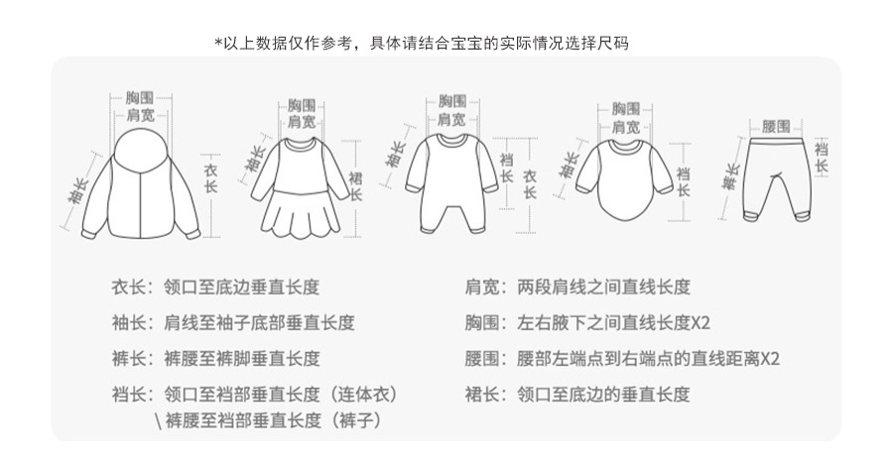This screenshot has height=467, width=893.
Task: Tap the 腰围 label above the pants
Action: tap(776, 127)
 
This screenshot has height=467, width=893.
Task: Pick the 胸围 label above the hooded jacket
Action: tap(140, 97)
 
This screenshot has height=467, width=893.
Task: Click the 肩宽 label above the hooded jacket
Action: tap(140, 115)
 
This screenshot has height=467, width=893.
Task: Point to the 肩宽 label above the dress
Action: tap(302, 122)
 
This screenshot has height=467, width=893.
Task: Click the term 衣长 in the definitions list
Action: tap(131, 288)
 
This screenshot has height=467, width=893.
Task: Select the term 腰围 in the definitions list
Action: tap(486, 358)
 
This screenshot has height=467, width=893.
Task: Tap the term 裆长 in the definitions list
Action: tap(131, 394)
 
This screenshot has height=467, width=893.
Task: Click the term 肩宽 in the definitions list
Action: tap(486, 288)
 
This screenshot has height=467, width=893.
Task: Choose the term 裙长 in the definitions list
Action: tap(486, 394)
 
